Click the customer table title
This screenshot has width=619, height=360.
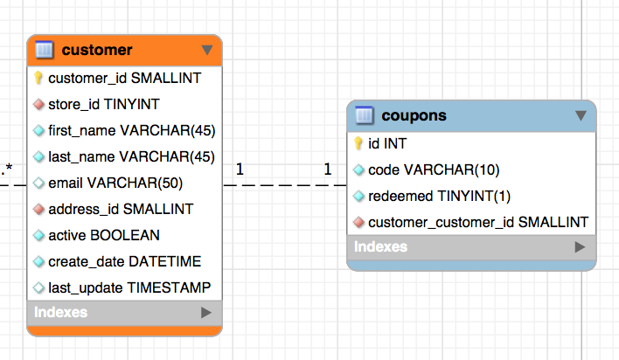(97, 50)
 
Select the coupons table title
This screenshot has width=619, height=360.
(414, 115)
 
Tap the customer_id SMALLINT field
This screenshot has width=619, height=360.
(124, 78)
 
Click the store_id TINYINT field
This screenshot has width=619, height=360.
(103, 104)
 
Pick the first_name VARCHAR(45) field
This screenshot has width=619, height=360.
(131, 130)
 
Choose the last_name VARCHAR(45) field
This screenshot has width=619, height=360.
(131, 156)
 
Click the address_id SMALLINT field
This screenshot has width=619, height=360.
(121, 209)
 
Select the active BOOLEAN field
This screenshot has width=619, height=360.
(104, 235)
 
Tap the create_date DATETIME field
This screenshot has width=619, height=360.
(124, 261)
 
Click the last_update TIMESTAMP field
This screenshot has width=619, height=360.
(129, 287)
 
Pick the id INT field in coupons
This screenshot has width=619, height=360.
(387, 143)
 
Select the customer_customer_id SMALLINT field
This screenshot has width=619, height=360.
(478, 222)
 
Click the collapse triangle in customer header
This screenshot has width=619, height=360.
(206, 50)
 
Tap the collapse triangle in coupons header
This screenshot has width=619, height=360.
(580, 115)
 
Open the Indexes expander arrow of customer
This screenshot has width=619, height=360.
(206, 312)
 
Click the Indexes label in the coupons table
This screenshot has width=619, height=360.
(380, 246)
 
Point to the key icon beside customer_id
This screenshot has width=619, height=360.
(38, 78)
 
